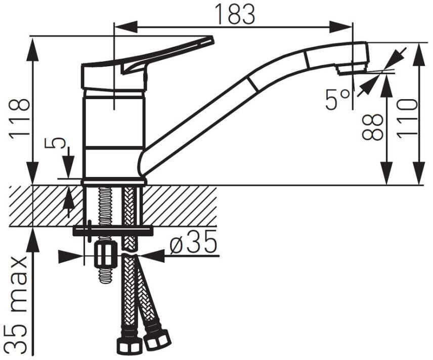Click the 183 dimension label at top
(235, 14)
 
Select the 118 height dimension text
(19, 116)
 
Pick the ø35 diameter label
(193, 242)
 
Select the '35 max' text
(17, 304)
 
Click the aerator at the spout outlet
(351, 68)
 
